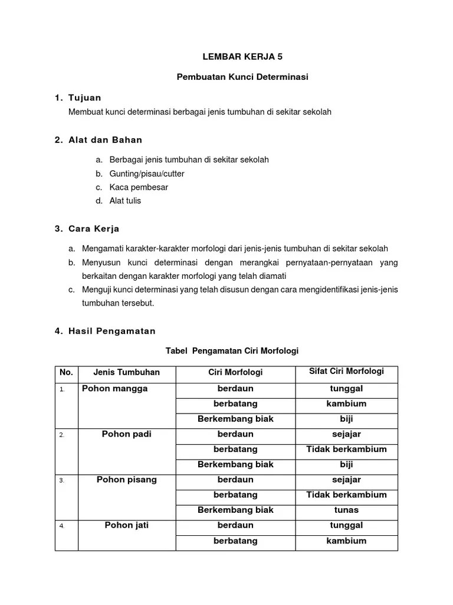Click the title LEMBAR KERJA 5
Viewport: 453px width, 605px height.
click(x=234, y=57)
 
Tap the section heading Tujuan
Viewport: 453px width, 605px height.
click(x=85, y=97)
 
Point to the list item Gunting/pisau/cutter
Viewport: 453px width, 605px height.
click(x=147, y=174)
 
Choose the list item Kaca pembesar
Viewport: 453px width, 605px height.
click(x=139, y=187)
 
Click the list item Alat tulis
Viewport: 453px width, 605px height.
click(x=125, y=201)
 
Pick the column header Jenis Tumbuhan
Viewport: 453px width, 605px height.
click(x=126, y=372)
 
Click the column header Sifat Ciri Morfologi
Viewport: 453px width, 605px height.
click(x=346, y=372)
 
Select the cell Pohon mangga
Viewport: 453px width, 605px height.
click(x=115, y=389)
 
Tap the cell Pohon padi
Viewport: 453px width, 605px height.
click(x=126, y=434)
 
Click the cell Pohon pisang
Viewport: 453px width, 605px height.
click(x=126, y=480)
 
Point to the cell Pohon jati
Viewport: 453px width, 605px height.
click(x=126, y=525)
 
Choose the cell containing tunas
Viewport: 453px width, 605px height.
click(x=346, y=510)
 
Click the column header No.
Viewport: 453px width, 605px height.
click(x=66, y=372)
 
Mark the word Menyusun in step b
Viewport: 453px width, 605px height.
click(x=99, y=262)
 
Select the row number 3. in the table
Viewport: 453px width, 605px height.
click(x=61, y=481)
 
